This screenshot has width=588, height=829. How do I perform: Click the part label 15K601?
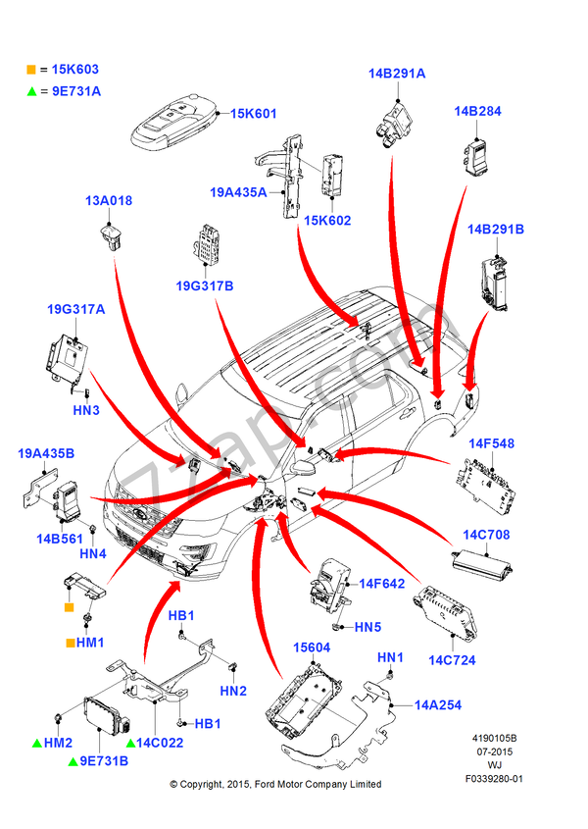click(x=254, y=115)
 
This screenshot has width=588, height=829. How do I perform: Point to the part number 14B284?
click(x=477, y=112)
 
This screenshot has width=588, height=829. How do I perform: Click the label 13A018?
click(x=108, y=201)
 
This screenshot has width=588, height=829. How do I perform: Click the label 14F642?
click(x=381, y=584)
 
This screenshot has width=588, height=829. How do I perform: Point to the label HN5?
click(x=367, y=627)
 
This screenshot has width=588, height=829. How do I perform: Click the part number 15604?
click(x=313, y=649)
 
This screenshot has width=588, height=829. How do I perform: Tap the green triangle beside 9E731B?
click(x=72, y=760)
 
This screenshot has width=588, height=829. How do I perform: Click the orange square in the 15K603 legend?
click(x=31, y=71)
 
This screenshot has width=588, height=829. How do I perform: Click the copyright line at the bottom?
click(x=275, y=784)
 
